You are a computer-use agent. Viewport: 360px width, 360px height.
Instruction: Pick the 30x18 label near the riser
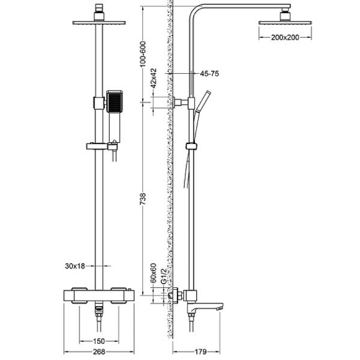[x=74, y=266]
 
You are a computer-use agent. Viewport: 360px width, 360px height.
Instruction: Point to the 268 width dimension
[x=93, y=352]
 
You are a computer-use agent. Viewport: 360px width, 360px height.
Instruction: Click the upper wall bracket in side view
[x=180, y=102]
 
